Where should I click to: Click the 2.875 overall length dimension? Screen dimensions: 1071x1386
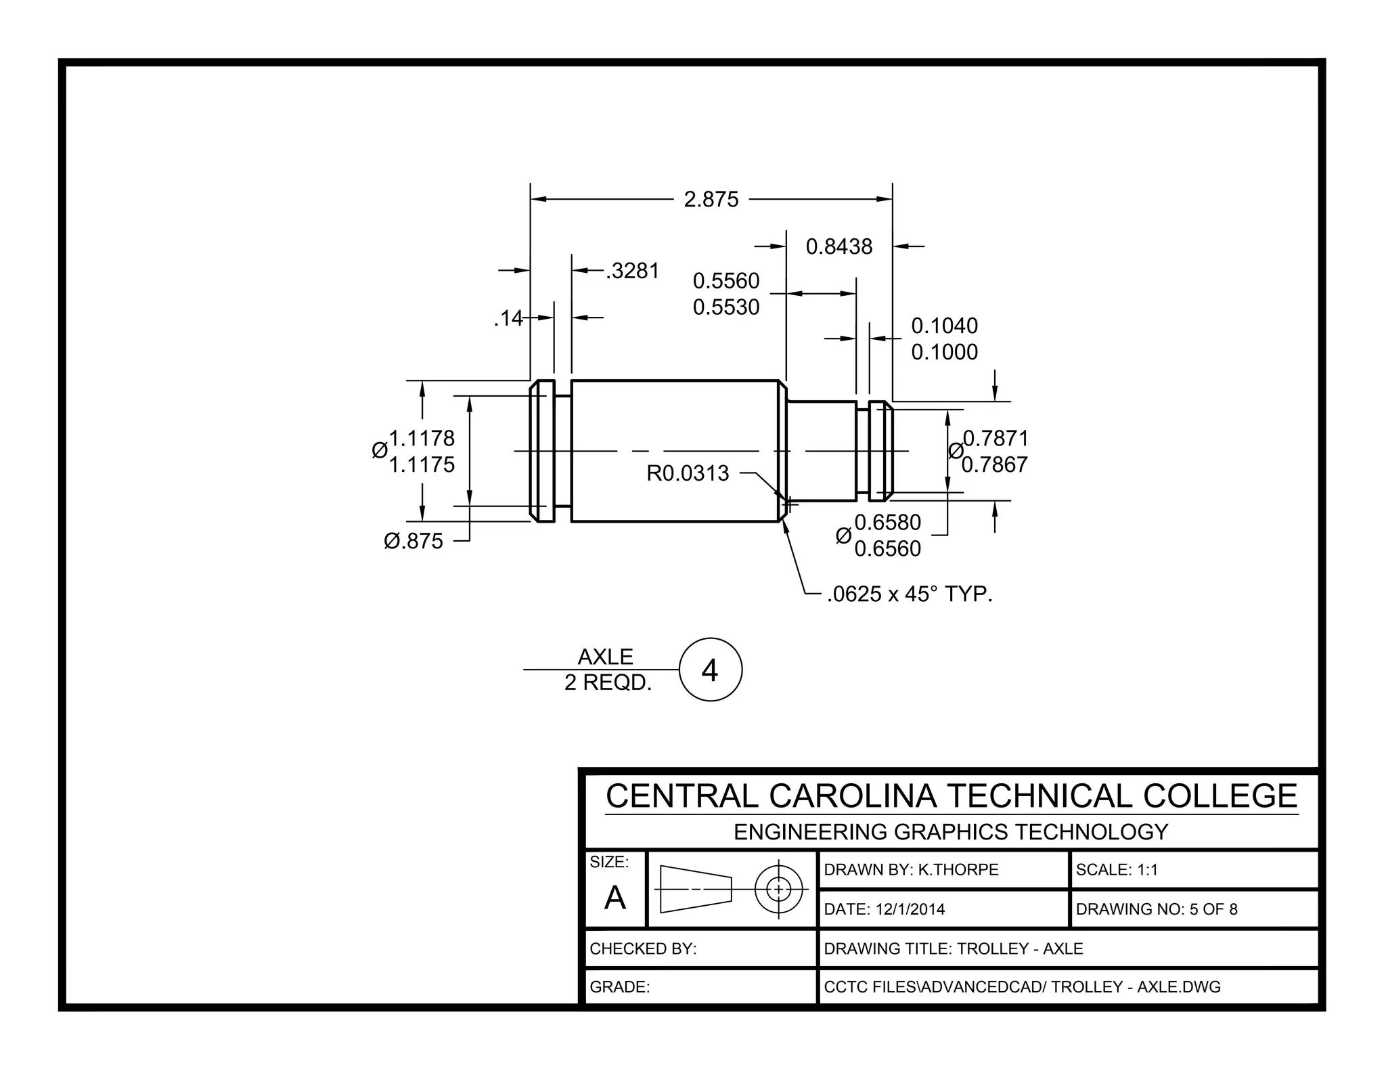tap(711, 200)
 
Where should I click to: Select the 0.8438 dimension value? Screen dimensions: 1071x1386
tap(839, 246)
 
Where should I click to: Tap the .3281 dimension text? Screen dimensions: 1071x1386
tap(633, 271)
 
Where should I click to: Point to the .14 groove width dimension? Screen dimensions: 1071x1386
tap(508, 318)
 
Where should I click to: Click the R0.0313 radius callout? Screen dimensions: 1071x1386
tap(688, 473)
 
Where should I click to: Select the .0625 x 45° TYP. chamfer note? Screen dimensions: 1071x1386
tap(909, 594)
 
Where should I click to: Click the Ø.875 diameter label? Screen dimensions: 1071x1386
tap(413, 541)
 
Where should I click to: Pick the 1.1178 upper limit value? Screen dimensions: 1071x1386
tap(422, 438)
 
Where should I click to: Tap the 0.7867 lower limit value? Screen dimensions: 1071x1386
tap(994, 464)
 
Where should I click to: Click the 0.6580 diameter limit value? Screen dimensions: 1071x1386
tap(887, 522)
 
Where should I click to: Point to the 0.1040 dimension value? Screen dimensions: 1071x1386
tap(944, 326)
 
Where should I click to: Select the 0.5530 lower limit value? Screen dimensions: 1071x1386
tap(726, 307)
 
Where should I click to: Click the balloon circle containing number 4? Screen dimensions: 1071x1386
tap(710, 670)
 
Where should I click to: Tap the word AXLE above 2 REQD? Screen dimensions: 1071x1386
tap(605, 657)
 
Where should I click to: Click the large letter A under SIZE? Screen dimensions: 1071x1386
tap(614, 898)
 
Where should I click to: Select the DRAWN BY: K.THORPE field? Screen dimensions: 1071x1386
tap(911, 870)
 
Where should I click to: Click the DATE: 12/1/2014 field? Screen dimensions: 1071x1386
tap(884, 909)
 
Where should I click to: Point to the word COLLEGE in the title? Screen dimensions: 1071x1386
tap(1220, 796)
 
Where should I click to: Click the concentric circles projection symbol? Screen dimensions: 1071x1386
tap(778, 889)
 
